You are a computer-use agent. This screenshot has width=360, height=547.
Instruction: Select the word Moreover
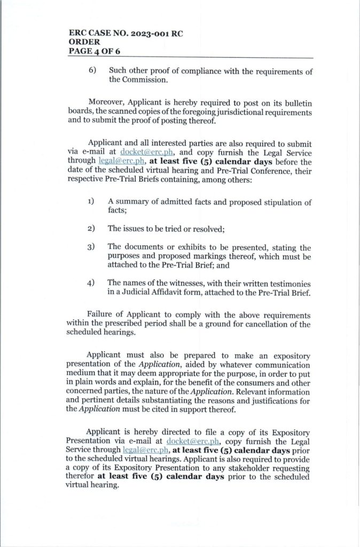(107, 102)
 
